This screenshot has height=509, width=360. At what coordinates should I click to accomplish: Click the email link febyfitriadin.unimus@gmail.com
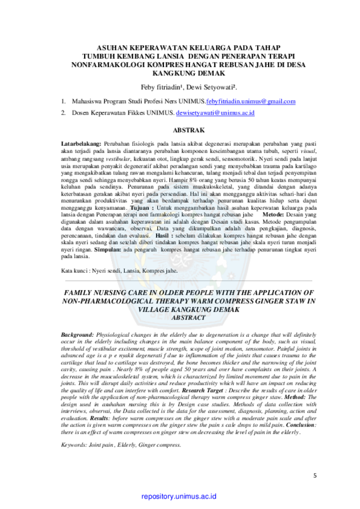pyautogui.click(x=250, y=101)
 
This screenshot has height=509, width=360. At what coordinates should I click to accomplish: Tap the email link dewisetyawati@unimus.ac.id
pyautogui.click(x=215, y=113)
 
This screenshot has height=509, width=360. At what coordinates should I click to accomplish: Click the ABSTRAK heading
pyautogui.click(x=189, y=130)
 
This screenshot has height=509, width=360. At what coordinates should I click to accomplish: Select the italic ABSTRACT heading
pyautogui.click(x=189, y=318)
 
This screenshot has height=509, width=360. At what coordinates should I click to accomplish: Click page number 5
pyautogui.click(x=315, y=476)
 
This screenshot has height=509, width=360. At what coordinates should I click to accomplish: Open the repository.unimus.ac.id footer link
pyautogui.click(x=179, y=496)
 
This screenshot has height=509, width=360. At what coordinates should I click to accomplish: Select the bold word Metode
pyautogui.click(x=273, y=214)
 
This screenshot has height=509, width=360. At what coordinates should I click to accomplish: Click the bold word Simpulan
pyautogui.click(x=107, y=250)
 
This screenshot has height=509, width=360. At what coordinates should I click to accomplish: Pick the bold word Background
pyautogui.click(x=77, y=335)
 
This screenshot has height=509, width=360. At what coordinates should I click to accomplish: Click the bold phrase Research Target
pyautogui.click(x=203, y=390)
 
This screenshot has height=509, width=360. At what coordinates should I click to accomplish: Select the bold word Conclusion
pyautogui.click(x=301, y=425)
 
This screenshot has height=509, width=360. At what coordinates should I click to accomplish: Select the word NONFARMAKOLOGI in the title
pyautogui.click(x=108, y=65)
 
